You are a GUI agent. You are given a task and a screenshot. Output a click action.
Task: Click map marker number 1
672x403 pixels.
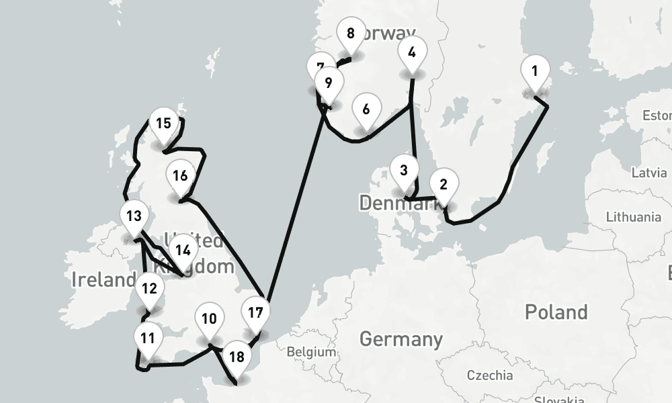[535, 71]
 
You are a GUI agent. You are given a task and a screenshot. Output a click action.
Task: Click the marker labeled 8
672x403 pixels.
[350, 34]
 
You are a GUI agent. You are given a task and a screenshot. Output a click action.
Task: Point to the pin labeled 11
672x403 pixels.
[148, 339]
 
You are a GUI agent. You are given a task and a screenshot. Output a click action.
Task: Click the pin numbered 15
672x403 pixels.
[163, 124]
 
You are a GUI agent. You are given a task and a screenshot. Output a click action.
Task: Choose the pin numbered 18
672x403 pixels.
[237, 357]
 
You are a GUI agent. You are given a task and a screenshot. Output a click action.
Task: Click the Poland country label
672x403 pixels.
[556, 312]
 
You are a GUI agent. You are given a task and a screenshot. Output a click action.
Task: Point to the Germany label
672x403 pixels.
[401, 339]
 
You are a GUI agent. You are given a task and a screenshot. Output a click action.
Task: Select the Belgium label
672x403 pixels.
[310, 352]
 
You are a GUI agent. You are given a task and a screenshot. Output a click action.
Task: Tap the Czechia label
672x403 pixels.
[490, 375]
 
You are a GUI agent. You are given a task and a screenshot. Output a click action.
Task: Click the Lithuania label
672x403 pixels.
[633, 217]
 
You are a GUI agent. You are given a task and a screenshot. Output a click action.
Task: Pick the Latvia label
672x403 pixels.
[648, 173]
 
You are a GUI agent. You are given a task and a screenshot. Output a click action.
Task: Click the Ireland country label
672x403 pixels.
[103, 280]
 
